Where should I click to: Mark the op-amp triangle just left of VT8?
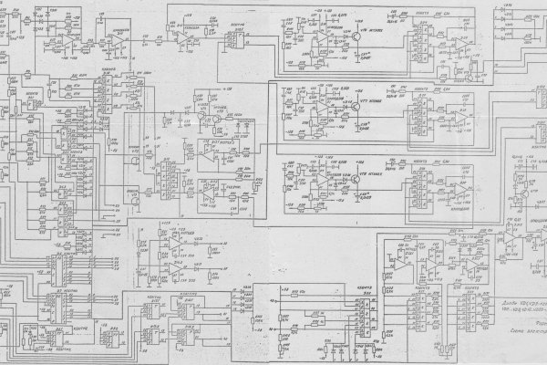tap(324, 181)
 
